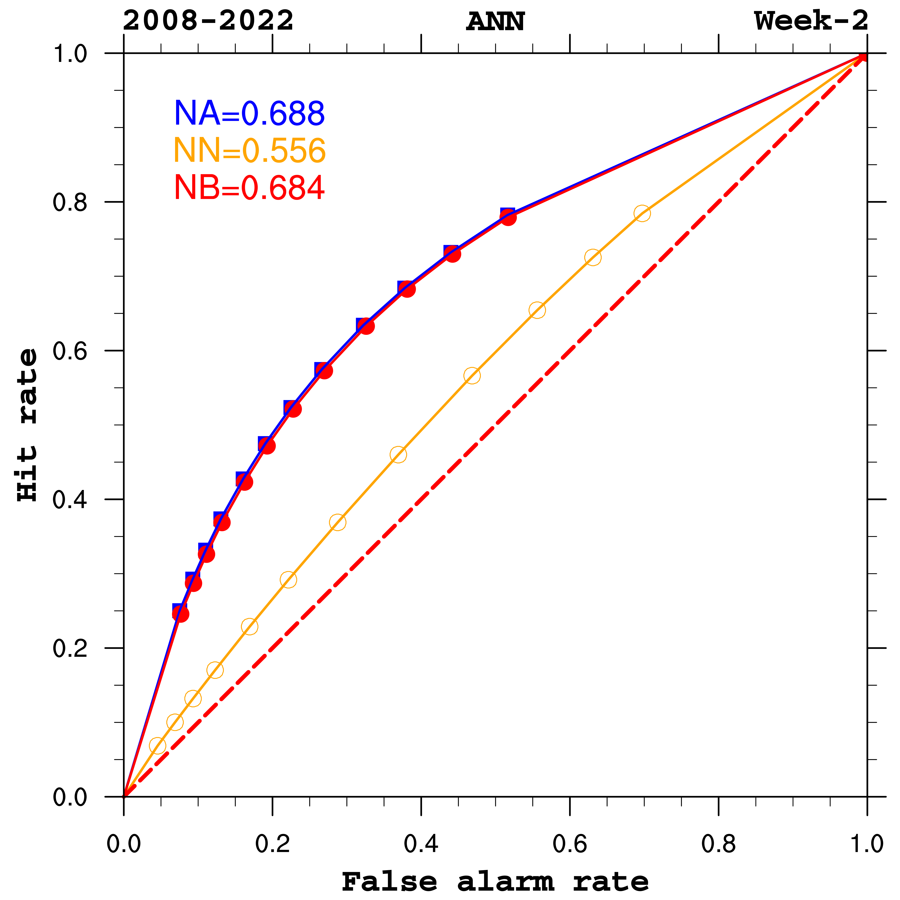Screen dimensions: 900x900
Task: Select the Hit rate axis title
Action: (27, 425)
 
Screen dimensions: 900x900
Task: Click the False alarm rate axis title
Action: (495, 881)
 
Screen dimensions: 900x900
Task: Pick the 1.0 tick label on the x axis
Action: (866, 844)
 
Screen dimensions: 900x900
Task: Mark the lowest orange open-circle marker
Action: (157, 746)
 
